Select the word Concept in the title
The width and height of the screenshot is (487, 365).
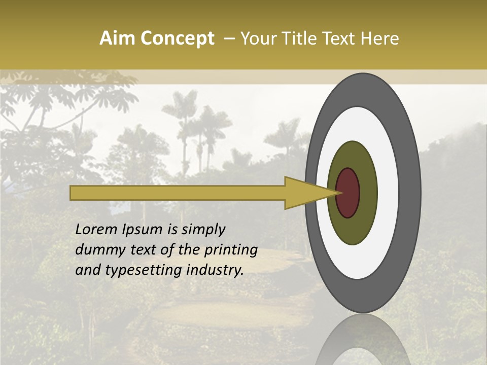click(177, 39)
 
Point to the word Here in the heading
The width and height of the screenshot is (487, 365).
click(380, 39)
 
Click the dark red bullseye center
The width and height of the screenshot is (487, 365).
click(348, 193)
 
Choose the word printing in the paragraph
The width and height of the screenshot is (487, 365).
click(231, 250)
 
